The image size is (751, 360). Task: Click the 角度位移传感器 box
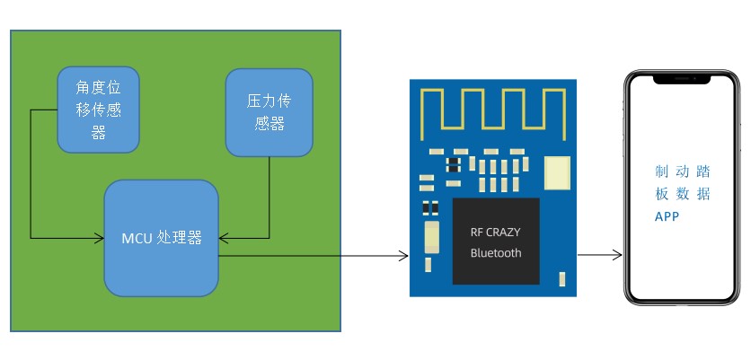98,108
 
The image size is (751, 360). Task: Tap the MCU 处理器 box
162,238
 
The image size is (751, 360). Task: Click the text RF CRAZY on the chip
495,232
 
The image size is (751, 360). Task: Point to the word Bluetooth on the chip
495,253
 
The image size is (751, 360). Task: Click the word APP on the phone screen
667,217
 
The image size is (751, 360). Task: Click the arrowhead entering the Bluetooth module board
403,256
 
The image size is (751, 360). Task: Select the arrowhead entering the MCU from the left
100,238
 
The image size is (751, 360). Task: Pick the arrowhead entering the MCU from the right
224,238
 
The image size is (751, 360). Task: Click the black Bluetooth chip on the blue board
496,241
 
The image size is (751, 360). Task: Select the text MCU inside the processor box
137,238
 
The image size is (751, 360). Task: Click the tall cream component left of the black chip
431,239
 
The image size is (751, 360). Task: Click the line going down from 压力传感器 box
269,198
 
